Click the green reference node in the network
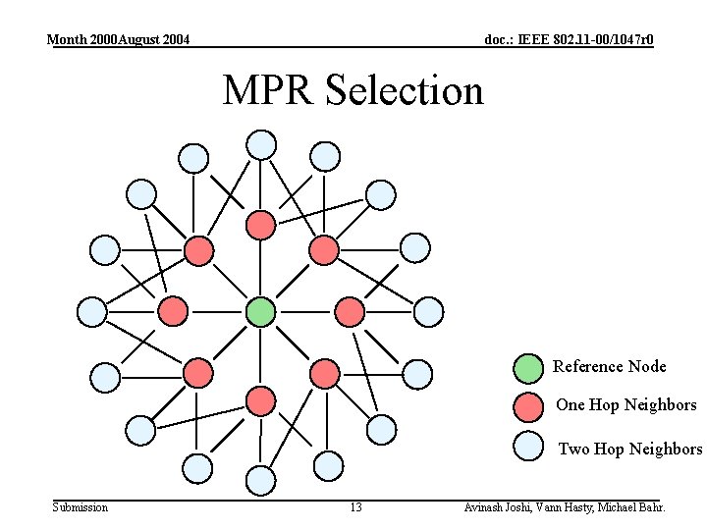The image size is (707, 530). (x=260, y=312)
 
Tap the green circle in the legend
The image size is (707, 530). (x=528, y=368)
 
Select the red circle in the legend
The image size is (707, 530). (x=529, y=406)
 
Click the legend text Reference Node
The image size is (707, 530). (x=609, y=367)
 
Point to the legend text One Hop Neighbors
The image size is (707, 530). (x=625, y=405)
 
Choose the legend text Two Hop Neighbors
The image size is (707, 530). (x=629, y=450)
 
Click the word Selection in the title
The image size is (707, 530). (x=405, y=90)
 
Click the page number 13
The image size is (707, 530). (x=355, y=507)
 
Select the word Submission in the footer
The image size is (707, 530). (x=81, y=507)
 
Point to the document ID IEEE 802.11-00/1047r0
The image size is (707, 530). (x=569, y=40)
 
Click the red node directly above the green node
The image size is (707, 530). (x=260, y=225)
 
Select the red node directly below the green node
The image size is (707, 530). (x=260, y=400)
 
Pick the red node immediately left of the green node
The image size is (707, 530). (x=173, y=312)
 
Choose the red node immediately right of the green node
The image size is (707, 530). (x=349, y=312)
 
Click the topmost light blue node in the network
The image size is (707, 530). (x=261, y=144)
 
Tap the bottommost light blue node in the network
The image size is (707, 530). (x=261, y=480)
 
